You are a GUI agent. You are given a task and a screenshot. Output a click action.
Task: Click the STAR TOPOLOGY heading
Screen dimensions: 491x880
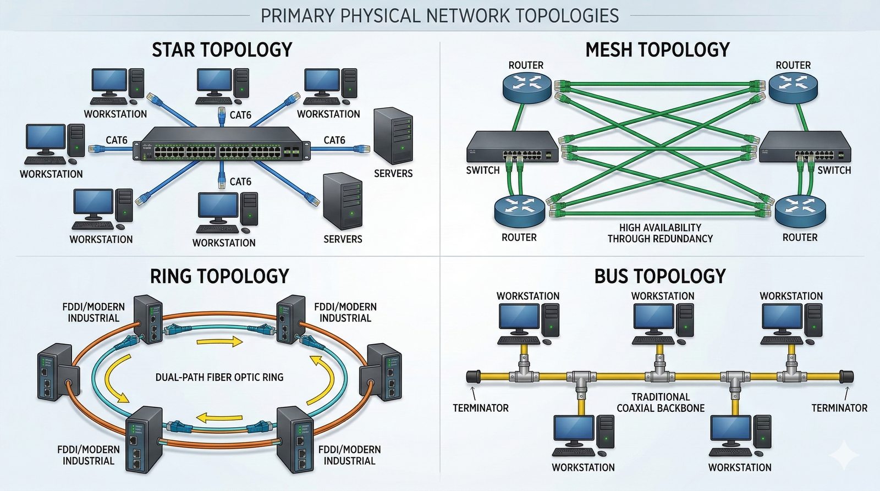[222, 50]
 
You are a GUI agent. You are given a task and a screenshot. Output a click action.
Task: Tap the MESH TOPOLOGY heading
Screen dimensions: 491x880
[657, 50]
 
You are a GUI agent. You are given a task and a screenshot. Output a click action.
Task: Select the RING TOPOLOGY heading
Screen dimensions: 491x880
[219, 276]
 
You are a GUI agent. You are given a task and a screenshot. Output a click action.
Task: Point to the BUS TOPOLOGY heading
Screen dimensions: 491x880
[660, 276]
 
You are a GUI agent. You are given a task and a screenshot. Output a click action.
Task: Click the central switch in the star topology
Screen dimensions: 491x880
[221, 144]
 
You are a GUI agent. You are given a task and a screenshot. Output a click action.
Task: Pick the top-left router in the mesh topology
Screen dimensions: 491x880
[526, 88]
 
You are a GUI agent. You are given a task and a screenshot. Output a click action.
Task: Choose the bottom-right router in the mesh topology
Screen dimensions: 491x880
[800, 212]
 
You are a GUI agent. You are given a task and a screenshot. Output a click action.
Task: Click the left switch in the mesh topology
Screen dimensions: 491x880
[512, 147]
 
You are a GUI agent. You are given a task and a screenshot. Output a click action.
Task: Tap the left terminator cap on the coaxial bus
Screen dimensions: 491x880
[474, 377]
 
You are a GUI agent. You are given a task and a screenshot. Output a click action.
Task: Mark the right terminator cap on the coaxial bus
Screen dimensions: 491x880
[846, 377]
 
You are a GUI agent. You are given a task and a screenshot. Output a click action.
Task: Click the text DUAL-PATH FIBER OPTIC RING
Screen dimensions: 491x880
[219, 378]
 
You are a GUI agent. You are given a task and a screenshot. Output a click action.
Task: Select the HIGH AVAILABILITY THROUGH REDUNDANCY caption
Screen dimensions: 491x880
[660, 233]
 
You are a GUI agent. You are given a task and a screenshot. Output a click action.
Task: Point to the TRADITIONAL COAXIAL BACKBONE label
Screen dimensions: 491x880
[661, 402]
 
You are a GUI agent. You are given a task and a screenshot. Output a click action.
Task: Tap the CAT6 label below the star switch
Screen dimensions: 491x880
[240, 181]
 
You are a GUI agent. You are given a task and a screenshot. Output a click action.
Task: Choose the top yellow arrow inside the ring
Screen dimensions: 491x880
[219, 342]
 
